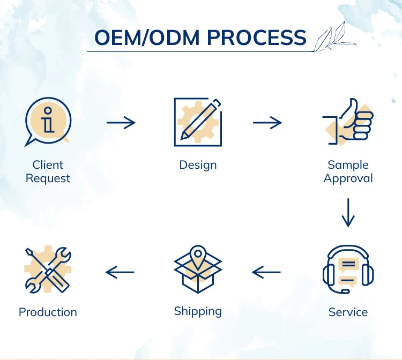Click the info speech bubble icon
[x=48, y=122]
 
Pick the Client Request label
[x=48, y=171]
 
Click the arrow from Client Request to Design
[x=121, y=123]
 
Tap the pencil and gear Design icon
[x=198, y=122]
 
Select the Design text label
[x=198, y=164]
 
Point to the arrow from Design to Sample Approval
[x=267, y=123]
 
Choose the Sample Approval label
[x=348, y=171]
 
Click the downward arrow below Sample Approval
[x=348, y=213]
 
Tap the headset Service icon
[x=348, y=269]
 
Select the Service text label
[x=348, y=312]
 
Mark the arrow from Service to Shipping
[x=266, y=273]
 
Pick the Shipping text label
[x=198, y=311]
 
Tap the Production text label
[x=48, y=312]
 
